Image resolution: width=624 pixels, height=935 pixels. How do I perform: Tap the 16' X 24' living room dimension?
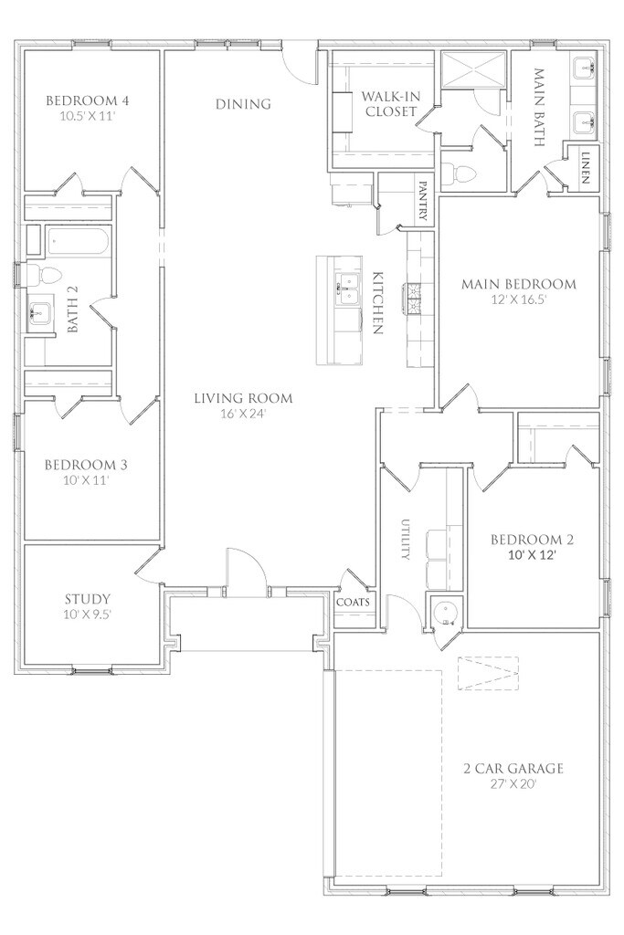[x=243, y=413]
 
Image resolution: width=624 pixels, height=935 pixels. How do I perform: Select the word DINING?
[x=243, y=104]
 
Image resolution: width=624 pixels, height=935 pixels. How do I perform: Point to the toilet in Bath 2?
[x=46, y=275]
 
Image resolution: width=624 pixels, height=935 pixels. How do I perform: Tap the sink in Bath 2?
[x=40, y=311]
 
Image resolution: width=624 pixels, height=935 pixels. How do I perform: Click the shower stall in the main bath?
[x=474, y=69]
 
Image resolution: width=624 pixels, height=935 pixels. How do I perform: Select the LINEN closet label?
[x=585, y=168]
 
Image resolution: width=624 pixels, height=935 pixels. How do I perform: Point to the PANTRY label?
[x=423, y=202]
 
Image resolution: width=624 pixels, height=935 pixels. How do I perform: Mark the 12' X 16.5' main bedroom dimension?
[x=519, y=300]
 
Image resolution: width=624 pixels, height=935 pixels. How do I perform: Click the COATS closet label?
[x=354, y=603]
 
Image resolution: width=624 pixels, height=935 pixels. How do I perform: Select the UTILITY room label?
[x=406, y=539]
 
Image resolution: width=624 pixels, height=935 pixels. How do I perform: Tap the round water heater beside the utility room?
[x=445, y=613]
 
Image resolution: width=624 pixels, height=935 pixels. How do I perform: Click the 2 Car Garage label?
[x=513, y=769]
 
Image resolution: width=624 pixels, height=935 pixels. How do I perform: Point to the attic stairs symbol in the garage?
[x=488, y=673]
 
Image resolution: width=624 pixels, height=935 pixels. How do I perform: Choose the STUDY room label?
[x=87, y=599]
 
